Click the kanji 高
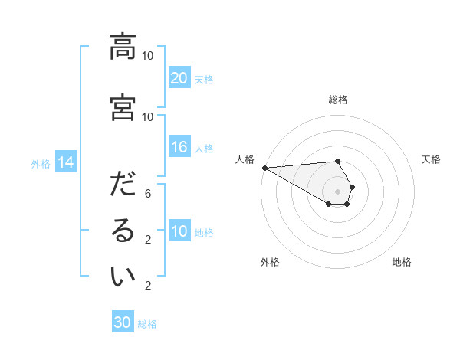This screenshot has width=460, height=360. (123, 47)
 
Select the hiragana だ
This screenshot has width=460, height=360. (123, 186)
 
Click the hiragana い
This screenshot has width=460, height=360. (123, 278)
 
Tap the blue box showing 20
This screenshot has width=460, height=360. (179, 78)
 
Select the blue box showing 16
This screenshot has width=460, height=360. (179, 148)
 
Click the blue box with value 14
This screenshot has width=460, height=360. (66, 162)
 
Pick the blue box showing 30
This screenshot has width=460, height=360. (123, 322)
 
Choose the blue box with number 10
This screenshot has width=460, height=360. (179, 231)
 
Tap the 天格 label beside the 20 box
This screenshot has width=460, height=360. (204, 79)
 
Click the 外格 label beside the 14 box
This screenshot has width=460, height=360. (41, 163)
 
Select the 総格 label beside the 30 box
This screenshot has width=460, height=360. (147, 323)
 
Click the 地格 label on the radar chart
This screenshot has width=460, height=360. (402, 262)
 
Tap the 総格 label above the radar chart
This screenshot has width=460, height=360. (337, 100)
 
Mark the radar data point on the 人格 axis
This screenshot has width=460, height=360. (264, 168)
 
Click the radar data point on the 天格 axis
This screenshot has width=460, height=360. (352, 187)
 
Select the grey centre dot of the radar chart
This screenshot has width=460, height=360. (337, 191)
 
